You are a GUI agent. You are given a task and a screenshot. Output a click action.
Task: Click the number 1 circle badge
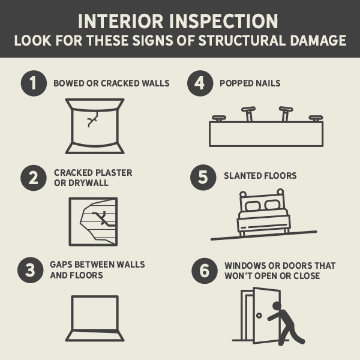tap(33, 83)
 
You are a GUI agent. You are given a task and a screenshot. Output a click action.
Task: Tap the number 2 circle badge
tap(33, 177)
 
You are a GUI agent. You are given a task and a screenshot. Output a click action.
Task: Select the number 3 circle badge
tap(33, 270)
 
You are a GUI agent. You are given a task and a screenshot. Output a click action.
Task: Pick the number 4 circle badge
tap(200, 83)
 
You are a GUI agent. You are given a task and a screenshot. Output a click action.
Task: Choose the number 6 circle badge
tap(204, 270)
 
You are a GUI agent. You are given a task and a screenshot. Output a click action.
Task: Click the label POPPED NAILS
tap(250, 83)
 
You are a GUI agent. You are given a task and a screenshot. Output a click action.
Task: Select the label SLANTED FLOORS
tap(260, 176)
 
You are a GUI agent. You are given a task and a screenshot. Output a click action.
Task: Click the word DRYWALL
tap(88, 182)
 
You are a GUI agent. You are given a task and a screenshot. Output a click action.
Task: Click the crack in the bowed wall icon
tap(92, 120)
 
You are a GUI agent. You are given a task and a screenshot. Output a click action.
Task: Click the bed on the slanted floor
tap(263, 213)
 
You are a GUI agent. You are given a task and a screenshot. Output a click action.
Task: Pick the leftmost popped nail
tap(219, 118)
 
